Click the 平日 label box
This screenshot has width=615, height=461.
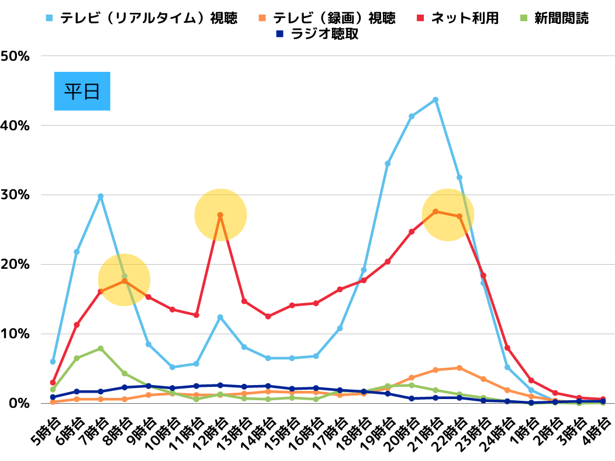82,91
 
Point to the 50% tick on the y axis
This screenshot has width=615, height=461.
16,56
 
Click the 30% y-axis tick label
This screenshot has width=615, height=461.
16,195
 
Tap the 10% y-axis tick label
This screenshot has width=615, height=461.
16,334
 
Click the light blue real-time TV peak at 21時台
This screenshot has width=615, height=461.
436,100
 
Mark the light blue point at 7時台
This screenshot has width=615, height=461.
101,196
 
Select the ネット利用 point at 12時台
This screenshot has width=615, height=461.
220,215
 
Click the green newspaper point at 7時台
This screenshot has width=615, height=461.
101,348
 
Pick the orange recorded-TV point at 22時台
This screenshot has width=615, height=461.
459,368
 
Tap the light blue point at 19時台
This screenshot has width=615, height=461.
388,164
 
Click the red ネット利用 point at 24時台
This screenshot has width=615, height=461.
507,348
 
